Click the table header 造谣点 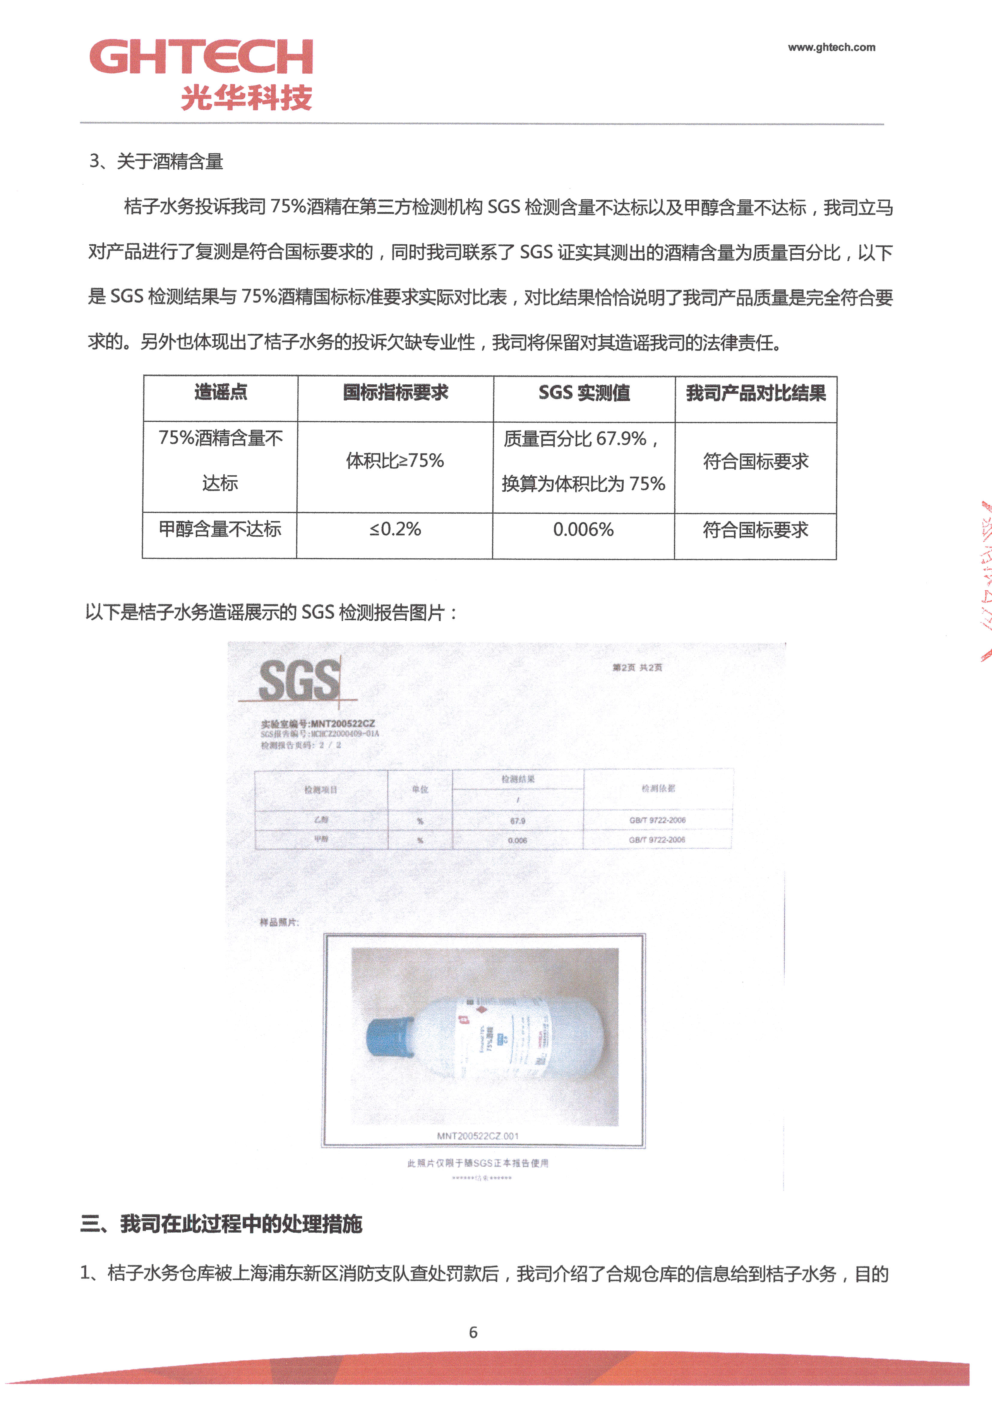(x=220, y=393)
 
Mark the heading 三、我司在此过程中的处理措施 (x=221, y=1224)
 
